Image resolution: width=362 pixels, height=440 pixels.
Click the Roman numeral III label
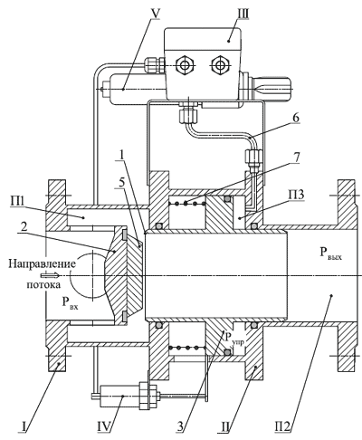(x=242, y=14)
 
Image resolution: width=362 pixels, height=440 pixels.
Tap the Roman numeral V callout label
(x=155, y=14)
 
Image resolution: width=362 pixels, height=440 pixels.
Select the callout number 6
(x=296, y=118)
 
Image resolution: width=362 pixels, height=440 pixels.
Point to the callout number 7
(x=296, y=158)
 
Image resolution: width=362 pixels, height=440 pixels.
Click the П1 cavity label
(x=18, y=202)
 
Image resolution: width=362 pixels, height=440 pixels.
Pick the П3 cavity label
(x=296, y=196)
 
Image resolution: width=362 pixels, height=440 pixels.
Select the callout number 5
(x=122, y=183)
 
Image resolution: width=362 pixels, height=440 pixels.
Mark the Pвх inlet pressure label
(x=70, y=303)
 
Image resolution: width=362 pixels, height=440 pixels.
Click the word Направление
(x=42, y=264)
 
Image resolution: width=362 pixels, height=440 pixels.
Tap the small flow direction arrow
(x=50, y=275)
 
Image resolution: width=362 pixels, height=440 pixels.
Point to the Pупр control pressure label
(x=234, y=340)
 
